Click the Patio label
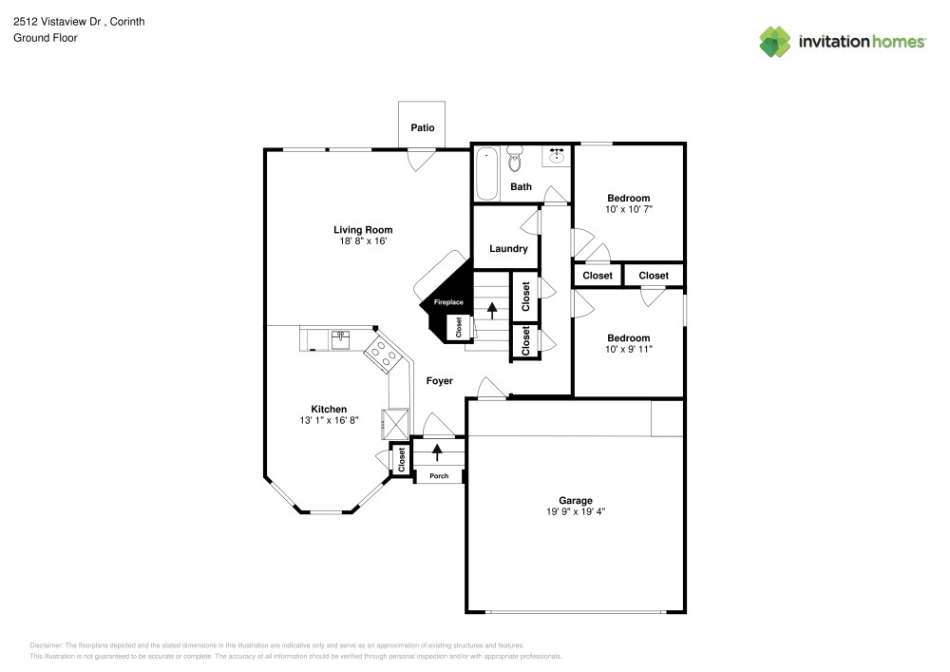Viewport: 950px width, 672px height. (x=422, y=127)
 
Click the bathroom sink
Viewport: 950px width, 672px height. (x=556, y=155)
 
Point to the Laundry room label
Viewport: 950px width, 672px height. (x=508, y=249)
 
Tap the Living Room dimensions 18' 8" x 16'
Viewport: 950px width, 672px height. (x=362, y=241)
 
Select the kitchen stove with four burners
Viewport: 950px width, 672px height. (x=385, y=355)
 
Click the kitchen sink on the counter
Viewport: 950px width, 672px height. (x=340, y=336)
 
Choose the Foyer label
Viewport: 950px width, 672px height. (x=439, y=381)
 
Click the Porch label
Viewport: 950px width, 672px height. (x=439, y=475)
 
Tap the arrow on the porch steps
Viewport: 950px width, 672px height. (x=438, y=451)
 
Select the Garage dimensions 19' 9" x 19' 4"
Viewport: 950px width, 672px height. (x=575, y=512)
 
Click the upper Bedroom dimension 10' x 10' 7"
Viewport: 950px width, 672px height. (x=628, y=209)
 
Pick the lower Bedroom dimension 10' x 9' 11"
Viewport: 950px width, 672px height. (x=628, y=349)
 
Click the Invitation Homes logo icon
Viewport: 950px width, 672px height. (x=775, y=41)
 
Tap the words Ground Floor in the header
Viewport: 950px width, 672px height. (x=45, y=38)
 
